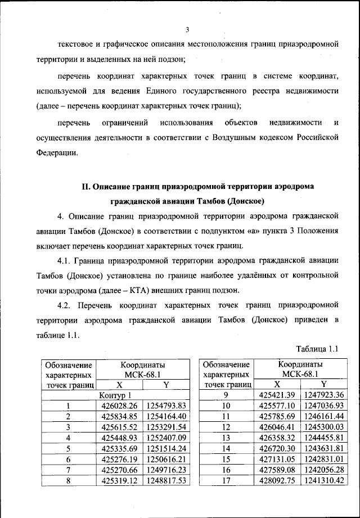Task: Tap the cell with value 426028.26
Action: [120, 406]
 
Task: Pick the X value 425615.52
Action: [120, 427]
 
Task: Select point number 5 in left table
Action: [68, 448]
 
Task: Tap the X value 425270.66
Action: [120, 470]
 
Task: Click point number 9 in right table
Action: [226, 395]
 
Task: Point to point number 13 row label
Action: [226, 438]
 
